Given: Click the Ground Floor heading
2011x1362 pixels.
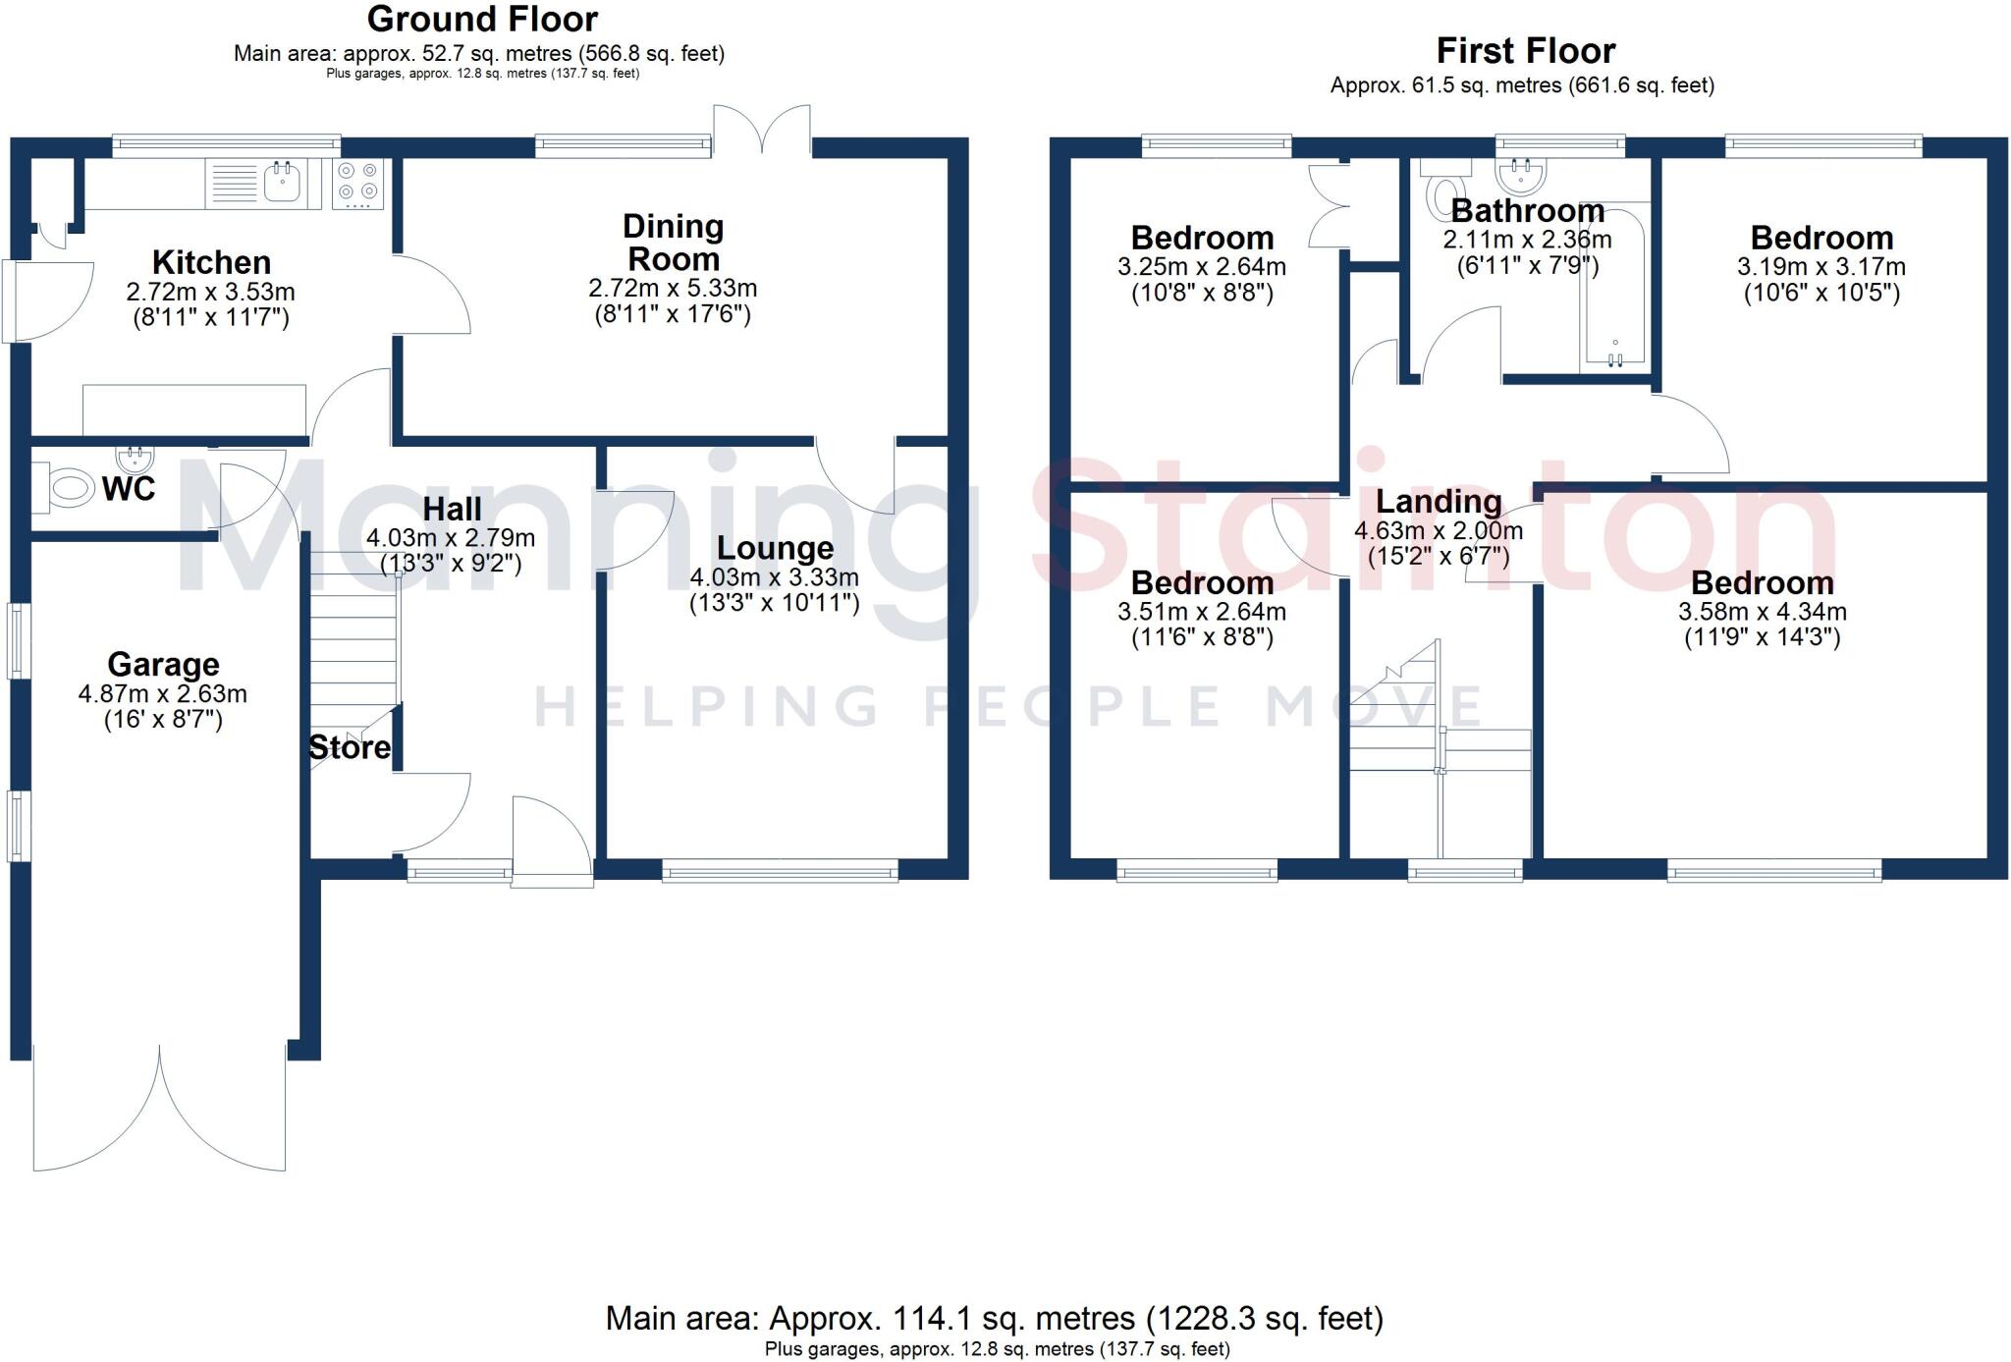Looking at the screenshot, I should (x=482, y=20).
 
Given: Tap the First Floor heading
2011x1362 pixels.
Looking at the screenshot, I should (x=1525, y=51).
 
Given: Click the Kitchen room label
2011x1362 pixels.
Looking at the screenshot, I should (x=211, y=263).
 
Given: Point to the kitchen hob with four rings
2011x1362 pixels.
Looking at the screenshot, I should (x=357, y=184).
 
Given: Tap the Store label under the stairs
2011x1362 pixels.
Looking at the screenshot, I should (x=350, y=748).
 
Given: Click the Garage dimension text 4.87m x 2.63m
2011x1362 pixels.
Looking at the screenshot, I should (x=163, y=694).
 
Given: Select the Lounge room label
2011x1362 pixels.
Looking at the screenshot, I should (x=775, y=548).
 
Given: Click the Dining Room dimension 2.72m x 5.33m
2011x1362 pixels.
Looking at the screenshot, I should (x=673, y=289).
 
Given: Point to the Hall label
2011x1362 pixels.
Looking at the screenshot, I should (x=452, y=509).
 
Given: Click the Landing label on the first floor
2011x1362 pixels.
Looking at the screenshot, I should (x=1439, y=502).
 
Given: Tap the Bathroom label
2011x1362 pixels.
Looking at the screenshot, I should (x=1527, y=211).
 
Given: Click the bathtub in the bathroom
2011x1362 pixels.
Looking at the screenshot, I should (x=1614, y=295).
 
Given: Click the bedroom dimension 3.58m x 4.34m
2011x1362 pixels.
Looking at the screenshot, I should (x=1762, y=612).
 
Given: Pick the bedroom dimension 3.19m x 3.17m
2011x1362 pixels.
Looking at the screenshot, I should (x=1821, y=267).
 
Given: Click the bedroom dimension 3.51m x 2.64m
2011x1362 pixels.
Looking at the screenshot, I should (x=1201, y=612).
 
